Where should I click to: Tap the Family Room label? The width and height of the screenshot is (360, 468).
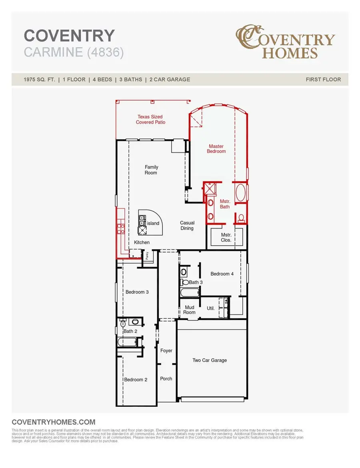tap(151, 170)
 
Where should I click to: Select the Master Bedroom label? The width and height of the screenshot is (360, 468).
tap(216, 149)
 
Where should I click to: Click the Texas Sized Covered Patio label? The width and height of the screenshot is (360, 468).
tap(150, 120)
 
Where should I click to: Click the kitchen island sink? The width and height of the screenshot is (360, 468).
tap(142, 220)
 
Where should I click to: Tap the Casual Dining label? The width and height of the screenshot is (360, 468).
tap(187, 226)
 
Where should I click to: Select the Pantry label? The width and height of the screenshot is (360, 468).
tap(147, 256)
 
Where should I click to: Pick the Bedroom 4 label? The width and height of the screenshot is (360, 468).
tap(222, 274)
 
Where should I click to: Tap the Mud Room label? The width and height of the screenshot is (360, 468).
tap(189, 310)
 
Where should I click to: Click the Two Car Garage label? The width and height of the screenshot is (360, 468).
tap(210, 360)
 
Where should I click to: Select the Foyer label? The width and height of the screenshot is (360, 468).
tap(166, 351)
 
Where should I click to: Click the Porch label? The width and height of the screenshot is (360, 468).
tap(166, 378)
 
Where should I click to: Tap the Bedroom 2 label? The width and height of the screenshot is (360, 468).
tap(136, 380)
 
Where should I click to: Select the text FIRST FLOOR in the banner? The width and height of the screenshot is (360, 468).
tap(323, 79)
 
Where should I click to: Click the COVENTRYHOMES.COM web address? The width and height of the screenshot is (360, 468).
tap(54, 422)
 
